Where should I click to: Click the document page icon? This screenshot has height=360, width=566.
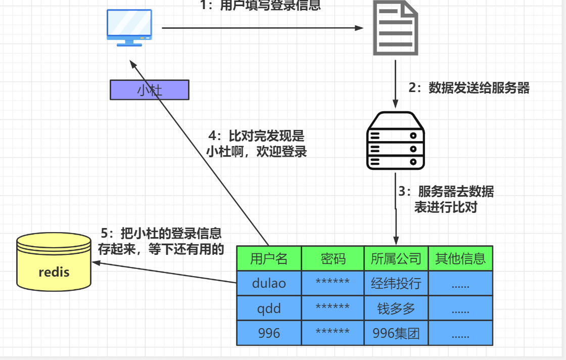tap(396, 28)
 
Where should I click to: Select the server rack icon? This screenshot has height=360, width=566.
tap(395, 141)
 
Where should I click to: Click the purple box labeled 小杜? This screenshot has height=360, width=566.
tap(150, 90)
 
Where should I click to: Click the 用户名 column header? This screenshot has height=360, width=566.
tap(269, 259)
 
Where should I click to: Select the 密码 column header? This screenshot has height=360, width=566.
tap(333, 259)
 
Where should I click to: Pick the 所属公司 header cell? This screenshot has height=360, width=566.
tap(396, 259)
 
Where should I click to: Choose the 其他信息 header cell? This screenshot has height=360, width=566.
tap(460, 259)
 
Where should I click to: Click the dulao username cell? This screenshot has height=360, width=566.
tap(269, 283)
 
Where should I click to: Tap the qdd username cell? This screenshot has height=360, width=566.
tap(269, 308)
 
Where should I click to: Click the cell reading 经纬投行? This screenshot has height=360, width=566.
tap(396, 283)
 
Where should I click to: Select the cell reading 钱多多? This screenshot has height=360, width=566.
tap(396, 308)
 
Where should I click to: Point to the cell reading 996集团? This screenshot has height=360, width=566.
tap(396, 333)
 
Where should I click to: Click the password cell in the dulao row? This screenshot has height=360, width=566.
tap(333, 283)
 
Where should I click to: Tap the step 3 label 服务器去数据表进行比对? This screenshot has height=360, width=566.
tap(446, 199)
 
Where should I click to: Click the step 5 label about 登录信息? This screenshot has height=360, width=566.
tap(161, 241)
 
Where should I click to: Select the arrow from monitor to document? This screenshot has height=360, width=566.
tap(263, 28)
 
